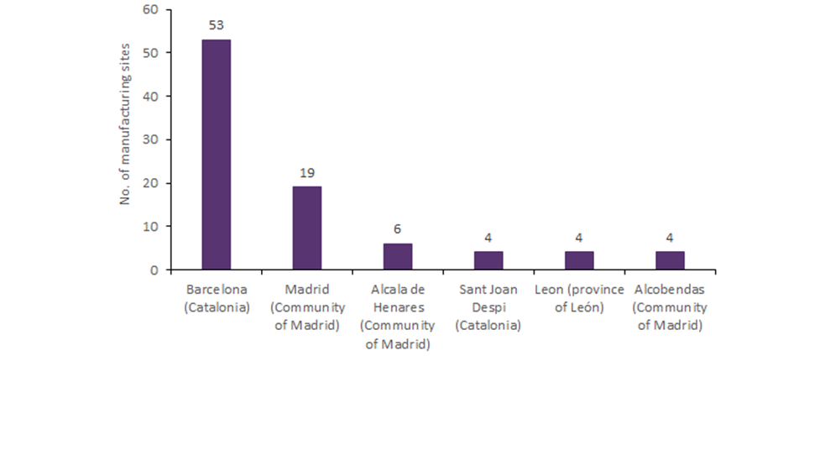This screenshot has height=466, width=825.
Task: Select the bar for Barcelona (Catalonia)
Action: point(216,155)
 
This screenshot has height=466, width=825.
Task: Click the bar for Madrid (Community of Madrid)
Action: point(306,228)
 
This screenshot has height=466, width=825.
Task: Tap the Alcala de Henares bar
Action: point(397,257)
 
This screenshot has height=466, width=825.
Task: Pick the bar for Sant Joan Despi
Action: point(488,261)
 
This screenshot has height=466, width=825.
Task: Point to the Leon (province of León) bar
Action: point(578,261)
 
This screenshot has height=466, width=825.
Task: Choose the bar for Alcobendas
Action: point(670,261)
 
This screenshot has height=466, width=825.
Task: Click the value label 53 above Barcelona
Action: point(216,25)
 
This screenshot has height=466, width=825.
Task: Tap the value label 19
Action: point(306,173)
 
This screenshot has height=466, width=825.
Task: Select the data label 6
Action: point(397,229)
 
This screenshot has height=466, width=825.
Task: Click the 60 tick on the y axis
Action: point(150,9)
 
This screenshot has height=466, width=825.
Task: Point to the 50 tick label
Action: point(150,53)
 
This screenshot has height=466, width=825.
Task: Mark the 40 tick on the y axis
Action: point(150,97)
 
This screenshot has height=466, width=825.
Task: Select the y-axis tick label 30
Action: point(150,139)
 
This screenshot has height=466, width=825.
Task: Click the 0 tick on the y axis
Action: point(154,270)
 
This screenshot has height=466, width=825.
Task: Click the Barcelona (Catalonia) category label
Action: point(217,298)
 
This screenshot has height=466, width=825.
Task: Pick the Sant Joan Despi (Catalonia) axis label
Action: point(488,307)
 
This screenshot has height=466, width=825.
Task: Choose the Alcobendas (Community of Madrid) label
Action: point(670,307)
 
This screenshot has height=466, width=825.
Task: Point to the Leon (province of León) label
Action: point(579,298)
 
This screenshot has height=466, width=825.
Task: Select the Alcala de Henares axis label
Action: point(398,317)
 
